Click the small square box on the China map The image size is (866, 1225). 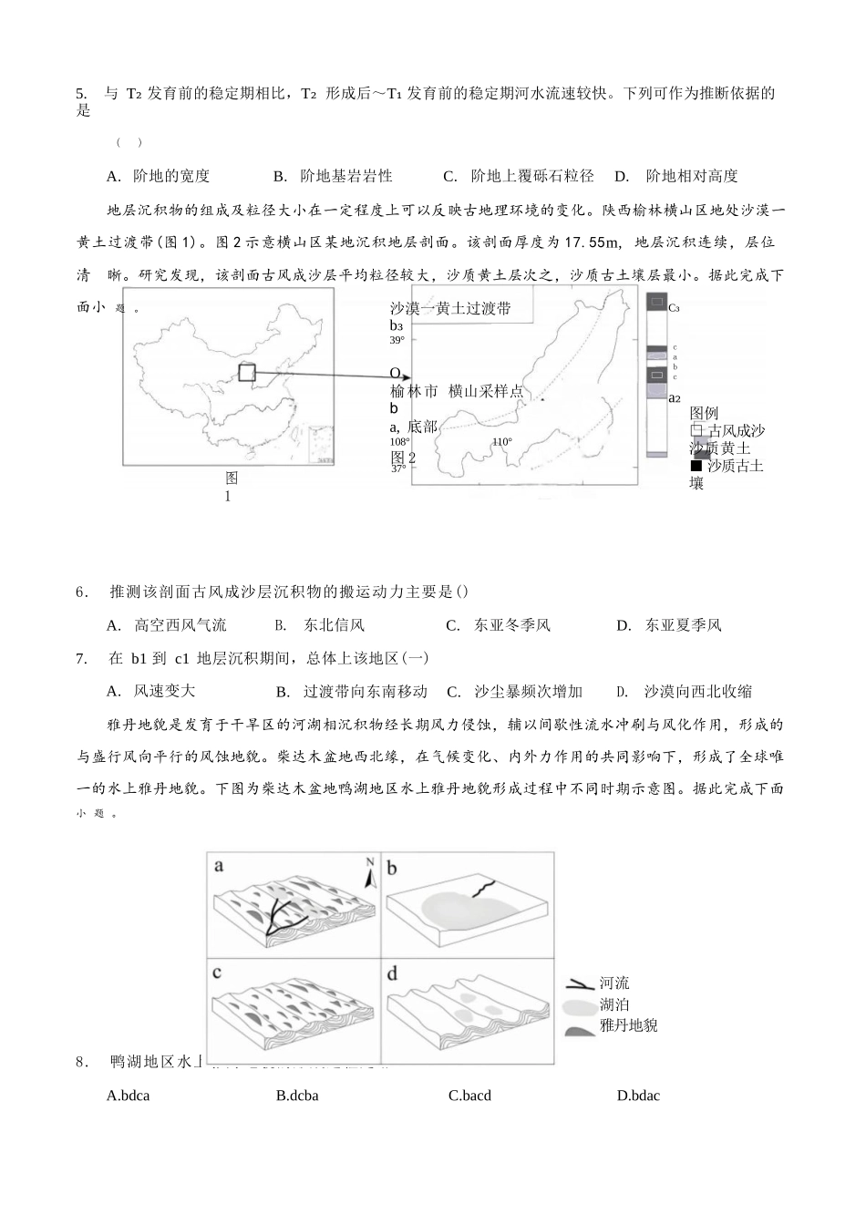(247, 372)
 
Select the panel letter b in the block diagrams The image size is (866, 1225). (392, 868)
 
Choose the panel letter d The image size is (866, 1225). (392, 973)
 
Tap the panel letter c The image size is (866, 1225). (218, 973)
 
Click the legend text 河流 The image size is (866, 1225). (614, 983)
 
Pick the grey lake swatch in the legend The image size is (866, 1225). (579, 1006)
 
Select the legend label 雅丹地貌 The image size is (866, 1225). (629, 1025)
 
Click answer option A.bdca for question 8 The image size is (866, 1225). (128, 1096)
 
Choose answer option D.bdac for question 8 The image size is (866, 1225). (638, 1096)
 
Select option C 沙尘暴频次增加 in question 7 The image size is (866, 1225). (514, 691)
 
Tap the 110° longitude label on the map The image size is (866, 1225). (502, 442)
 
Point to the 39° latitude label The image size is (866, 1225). (397, 340)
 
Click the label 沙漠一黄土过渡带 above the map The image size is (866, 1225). (450, 308)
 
